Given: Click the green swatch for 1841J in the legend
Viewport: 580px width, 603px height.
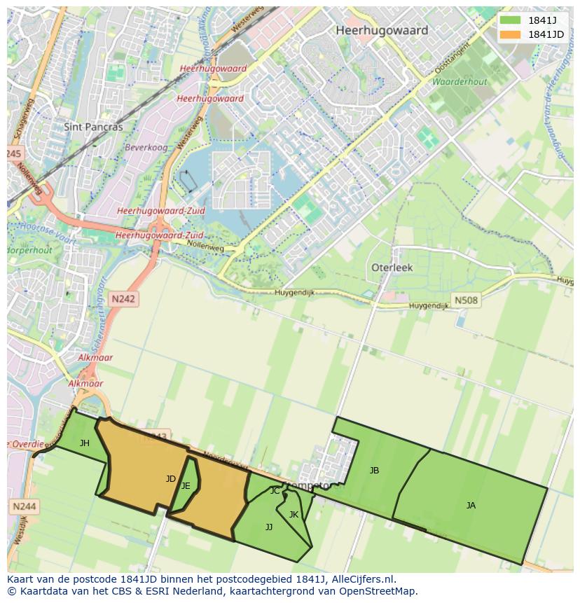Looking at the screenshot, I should (x=511, y=20).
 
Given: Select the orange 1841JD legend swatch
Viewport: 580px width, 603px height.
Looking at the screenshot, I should (x=511, y=34).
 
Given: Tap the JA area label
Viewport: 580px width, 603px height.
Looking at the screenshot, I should (x=471, y=505).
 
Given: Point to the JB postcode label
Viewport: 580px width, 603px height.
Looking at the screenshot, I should (x=374, y=471).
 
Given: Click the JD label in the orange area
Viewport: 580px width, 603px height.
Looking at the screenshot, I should (x=170, y=479).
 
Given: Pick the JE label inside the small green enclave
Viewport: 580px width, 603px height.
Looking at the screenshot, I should (x=186, y=485).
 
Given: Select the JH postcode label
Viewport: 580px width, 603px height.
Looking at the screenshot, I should (x=85, y=443).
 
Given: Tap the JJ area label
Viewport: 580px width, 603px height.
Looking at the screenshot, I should (x=269, y=527).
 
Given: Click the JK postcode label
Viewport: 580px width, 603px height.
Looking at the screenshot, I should (x=294, y=515).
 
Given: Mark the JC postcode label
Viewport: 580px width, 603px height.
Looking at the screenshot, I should (x=275, y=491).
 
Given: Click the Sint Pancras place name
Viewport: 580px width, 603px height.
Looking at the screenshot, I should (x=93, y=127).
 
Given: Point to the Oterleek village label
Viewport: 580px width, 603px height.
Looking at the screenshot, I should (x=392, y=268).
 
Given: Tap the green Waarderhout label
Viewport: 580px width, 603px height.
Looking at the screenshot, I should (x=459, y=82).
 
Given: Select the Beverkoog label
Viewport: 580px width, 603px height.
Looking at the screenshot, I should (x=141, y=148).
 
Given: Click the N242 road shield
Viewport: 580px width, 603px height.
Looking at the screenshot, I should (x=124, y=299).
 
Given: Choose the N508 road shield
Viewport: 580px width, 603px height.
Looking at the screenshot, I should (x=466, y=300).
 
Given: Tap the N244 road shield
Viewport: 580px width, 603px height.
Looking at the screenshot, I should (x=25, y=506).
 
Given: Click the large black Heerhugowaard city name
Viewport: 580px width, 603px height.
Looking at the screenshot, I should (x=381, y=31).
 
